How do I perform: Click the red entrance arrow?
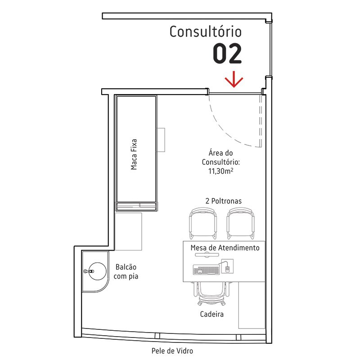(234, 80)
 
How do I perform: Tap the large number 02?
(227, 54)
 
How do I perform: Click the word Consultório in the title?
(206, 31)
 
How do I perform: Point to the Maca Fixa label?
(134, 154)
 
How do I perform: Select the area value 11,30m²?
(221, 171)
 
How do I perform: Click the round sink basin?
(97, 271)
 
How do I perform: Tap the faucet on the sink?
(89, 271)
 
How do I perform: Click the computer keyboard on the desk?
(206, 270)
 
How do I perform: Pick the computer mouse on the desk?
(227, 269)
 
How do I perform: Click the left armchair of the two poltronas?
(203, 223)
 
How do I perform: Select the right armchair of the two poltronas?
(241, 223)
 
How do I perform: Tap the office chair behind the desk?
(211, 293)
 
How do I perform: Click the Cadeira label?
(211, 314)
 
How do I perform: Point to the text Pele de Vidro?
(172, 351)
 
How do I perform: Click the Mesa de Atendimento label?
(225, 248)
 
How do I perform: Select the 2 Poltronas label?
(223, 201)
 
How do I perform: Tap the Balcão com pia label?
(126, 272)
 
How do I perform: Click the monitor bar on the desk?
(207, 254)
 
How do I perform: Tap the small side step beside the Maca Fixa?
(161, 140)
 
